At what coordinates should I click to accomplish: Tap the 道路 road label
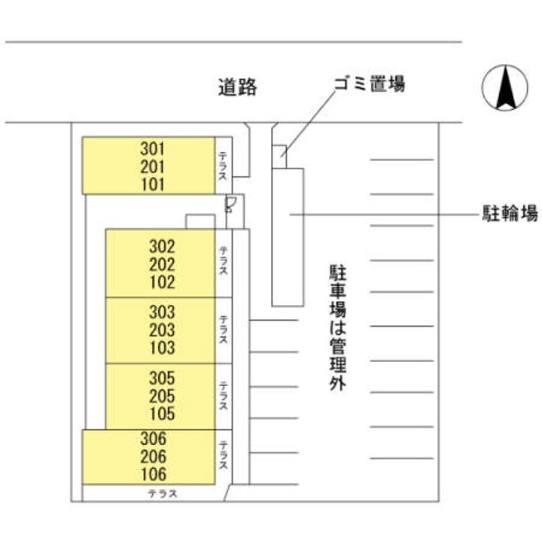click(x=238, y=87)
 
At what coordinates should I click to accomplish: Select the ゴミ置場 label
click(x=370, y=84)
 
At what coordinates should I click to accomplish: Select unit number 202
click(x=162, y=264)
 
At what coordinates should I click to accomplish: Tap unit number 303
click(x=162, y=312)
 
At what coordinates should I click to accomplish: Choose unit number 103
click(x=162, y=348)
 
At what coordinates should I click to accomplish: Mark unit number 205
click(x=162, y=396)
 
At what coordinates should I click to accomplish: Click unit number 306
click(x=152, y=439)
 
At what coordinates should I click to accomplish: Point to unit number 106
click(x=152, y=475)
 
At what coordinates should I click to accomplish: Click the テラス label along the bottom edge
click(x=162, y=494)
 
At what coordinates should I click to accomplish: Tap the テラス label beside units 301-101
click(x=223, y=166)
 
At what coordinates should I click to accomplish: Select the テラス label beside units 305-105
click(x=223, y=395)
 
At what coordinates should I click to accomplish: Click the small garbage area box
click(x=279, y=151)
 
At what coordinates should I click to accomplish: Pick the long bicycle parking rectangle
click(x=288, y=236)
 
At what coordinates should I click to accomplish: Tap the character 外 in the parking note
click(x=336, y=385)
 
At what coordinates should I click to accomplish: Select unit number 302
click(x=162, y=246)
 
